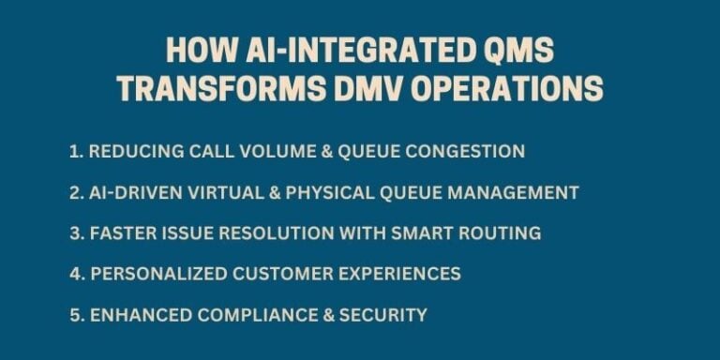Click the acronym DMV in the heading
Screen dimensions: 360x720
[x=380, y=88]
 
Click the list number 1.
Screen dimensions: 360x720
[x=73, y=151]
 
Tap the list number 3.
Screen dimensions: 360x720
[x=74, y=232]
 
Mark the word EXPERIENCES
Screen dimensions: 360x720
[x=397, y=274]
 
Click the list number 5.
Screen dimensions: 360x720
[x=74, y=315]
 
